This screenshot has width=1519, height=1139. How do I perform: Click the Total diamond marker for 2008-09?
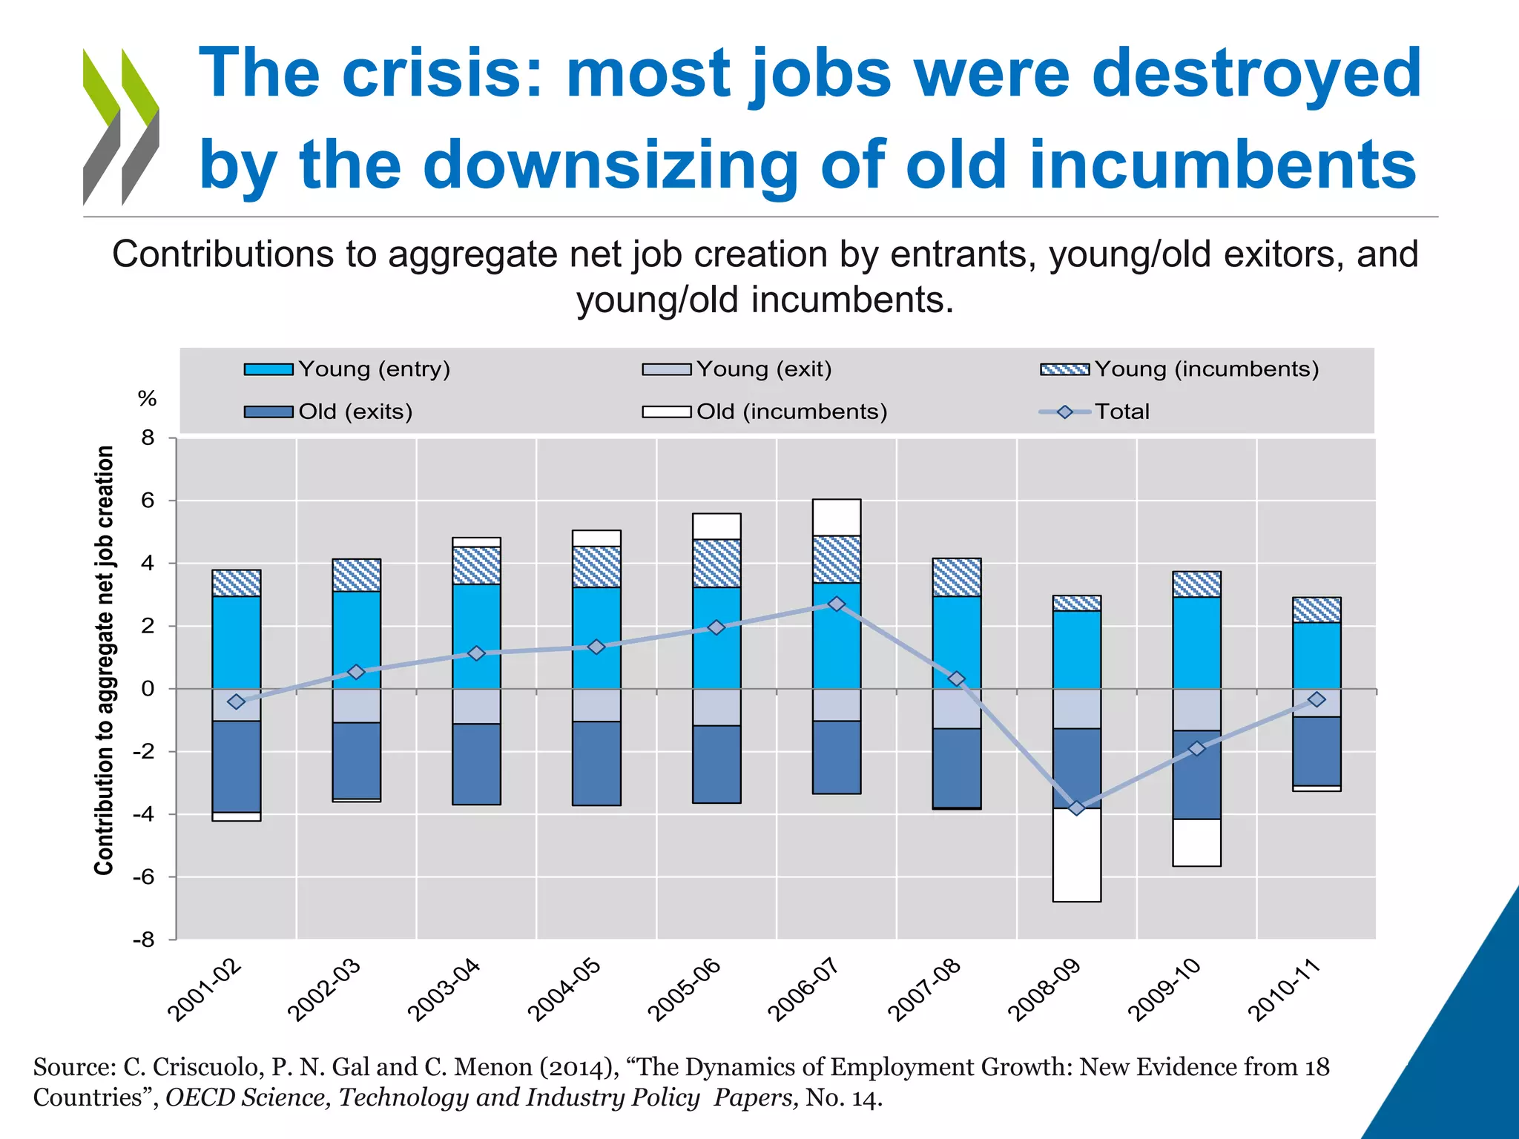tap(1076, 808)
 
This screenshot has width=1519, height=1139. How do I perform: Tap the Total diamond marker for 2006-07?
tap(837, 604)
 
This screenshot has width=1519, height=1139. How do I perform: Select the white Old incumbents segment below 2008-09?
tap(1076, 855)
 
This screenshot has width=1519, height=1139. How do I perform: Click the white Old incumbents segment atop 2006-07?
tap(837, 518)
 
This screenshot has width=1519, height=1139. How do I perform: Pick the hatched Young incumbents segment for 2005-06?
tap(716, 564)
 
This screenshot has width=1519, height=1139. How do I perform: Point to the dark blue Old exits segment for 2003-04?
tap(476, 764)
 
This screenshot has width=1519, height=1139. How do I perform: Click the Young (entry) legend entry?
tap(347, 369)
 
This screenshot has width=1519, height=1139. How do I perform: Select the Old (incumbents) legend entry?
tap(764, 412)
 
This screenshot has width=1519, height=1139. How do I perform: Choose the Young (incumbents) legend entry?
tap(1179, 369)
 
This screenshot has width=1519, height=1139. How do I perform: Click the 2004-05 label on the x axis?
tap(564, 990)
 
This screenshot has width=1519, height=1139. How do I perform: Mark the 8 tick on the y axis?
tap(148, 438)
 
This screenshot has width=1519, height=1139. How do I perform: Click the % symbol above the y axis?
tap(148, 399)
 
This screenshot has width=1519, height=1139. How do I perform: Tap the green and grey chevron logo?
tap(121, 127)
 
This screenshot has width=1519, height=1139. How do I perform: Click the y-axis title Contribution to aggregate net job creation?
tap(105, 660)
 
